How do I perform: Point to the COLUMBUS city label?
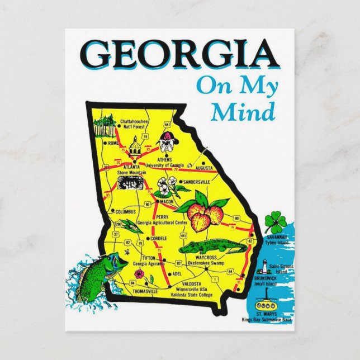(x=125, y=212)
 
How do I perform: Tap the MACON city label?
(x=167, y=201)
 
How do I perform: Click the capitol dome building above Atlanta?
(x=135, y=149)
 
